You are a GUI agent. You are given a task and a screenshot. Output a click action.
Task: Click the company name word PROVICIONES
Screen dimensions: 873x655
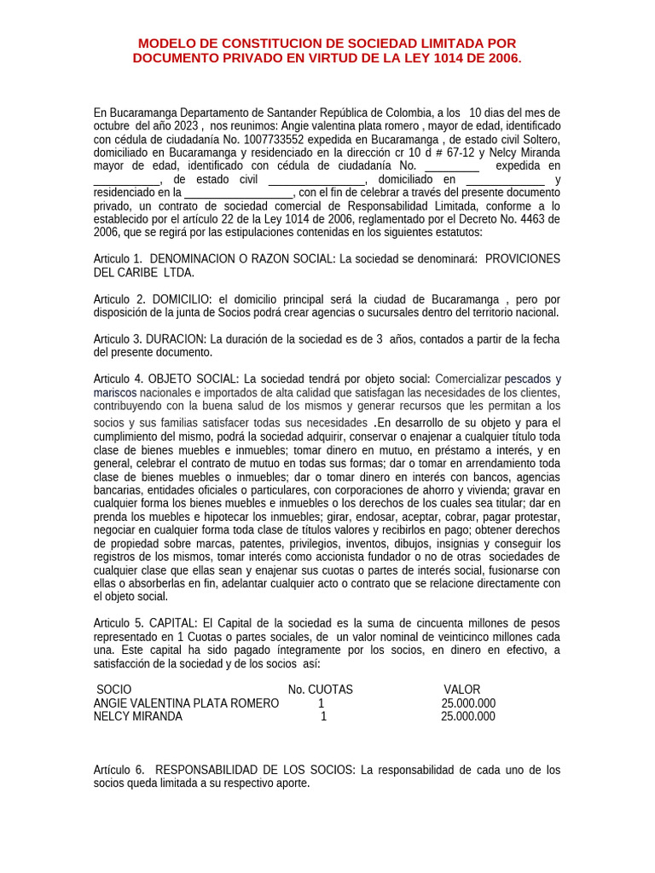(523, 258)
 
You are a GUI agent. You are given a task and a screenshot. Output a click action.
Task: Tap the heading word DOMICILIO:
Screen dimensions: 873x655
(183, 298)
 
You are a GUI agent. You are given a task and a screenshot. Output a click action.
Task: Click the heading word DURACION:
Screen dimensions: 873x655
(176, 338)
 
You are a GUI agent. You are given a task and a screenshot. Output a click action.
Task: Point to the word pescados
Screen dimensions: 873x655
(527, 379)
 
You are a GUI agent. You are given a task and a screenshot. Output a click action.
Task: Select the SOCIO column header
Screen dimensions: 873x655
(114, 689)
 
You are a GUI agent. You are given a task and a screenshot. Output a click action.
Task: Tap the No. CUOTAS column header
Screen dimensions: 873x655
(320, 689)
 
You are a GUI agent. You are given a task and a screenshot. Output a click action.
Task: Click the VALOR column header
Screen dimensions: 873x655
(462, 689)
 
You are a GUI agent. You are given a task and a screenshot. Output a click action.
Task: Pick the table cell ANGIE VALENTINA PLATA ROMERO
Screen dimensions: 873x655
(186, 702)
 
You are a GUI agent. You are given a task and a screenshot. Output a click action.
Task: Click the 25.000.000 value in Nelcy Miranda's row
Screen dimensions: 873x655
(467, 716)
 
